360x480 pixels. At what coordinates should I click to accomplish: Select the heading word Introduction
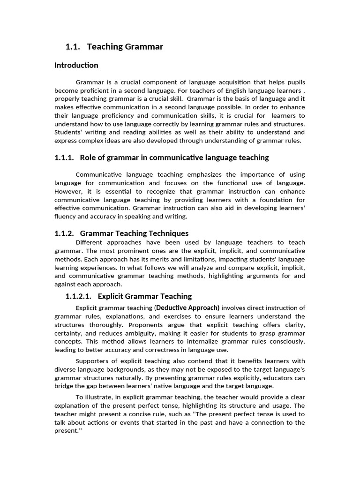click(x=76, y=65)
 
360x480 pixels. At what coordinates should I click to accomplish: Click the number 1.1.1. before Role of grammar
click(x=64, y=157)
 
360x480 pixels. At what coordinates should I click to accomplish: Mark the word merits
click(x=152, y=259)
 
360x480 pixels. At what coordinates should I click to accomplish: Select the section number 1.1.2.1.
click(x=81, y=296)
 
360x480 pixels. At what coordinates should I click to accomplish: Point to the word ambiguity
click(x=141, y=333)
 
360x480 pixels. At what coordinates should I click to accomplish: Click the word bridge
click(x=64, y=386)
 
